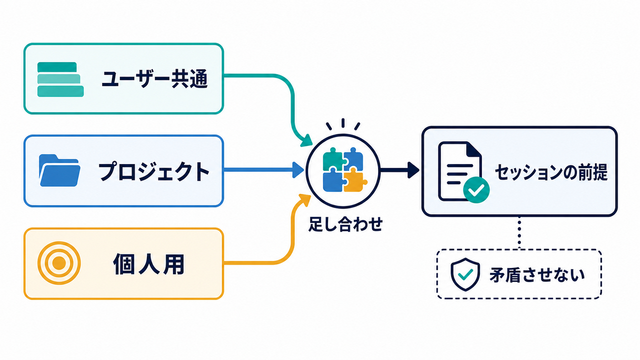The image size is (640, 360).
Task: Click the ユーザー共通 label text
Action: [154, 79]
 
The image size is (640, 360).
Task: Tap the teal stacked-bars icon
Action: [60, 79]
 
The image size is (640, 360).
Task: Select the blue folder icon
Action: [59, 170]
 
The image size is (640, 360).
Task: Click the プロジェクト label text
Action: [154, 171]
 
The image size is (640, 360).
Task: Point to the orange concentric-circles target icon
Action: [59, 263]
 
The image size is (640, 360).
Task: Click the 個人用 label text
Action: [149, 263]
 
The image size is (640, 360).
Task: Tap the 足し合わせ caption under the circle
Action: [345, 224]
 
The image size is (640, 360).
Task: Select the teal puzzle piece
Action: [334, 159]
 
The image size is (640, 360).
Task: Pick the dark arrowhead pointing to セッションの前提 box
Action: [413, 170]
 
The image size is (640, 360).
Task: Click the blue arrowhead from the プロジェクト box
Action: [298, 170]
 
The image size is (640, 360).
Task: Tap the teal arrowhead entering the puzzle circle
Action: [306, 141]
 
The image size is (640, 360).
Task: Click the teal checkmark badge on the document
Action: [476, 190]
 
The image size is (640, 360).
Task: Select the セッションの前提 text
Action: [551, 172]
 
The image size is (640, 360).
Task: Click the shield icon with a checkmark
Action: [465, 274]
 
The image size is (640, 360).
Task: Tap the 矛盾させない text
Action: [537, 275]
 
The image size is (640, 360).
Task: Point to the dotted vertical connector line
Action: [519, 232]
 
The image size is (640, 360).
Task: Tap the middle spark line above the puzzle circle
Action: [343, 123]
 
